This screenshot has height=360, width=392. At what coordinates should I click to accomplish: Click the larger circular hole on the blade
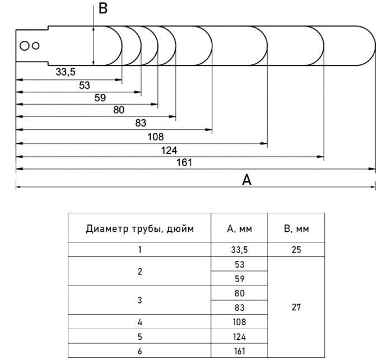(25, 46)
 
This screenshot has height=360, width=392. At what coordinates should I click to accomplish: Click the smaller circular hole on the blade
(36, 46)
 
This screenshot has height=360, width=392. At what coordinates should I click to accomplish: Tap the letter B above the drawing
(103, 8)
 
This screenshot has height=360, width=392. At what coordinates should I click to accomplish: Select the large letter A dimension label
(246, 180)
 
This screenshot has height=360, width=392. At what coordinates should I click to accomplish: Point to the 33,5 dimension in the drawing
(66, 72)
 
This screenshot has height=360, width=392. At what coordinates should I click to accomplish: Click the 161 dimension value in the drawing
(184, 162)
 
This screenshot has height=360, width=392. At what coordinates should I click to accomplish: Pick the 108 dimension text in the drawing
(156, 137)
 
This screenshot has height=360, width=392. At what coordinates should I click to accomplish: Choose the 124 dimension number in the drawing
(169, 151)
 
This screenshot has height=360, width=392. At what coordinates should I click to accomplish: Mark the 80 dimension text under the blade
(119, 110)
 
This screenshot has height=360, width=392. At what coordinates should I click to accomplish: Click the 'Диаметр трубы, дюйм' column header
(140, 228)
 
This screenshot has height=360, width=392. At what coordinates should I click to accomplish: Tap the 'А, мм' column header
(240, 228)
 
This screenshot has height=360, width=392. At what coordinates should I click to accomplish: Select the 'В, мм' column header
(296, 228)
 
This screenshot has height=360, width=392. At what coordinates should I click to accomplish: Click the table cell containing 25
(296, 250)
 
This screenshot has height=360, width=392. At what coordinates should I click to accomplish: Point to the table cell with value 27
(296, 307)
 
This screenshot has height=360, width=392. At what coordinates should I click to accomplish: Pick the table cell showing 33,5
(240, 250)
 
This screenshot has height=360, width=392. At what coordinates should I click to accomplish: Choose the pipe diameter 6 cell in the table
(140, 351)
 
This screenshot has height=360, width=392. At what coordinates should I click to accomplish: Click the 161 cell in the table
(240, 351)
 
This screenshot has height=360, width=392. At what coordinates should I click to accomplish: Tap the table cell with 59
(240, 278)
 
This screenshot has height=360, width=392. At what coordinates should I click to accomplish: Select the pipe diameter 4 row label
(140, 322)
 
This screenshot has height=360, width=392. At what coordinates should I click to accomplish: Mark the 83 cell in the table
(240, 307)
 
